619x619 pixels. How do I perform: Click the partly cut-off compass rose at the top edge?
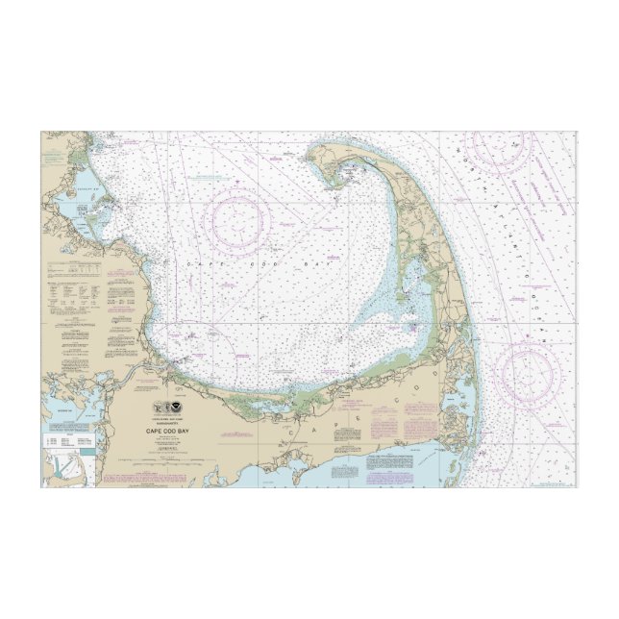tap(497, 143)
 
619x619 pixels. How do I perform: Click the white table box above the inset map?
tap(62, 438)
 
